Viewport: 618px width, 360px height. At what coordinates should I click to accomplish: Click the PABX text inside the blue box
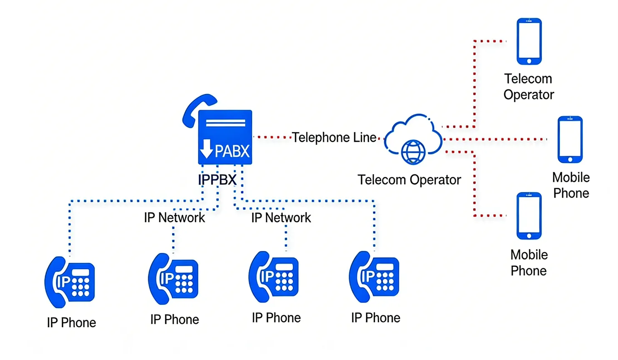click(232, 151)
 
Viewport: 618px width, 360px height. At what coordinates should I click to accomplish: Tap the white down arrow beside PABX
click(206, 149)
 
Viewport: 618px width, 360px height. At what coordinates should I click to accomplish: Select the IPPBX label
click(217, 180)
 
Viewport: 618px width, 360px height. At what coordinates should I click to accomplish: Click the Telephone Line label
click(334, 137)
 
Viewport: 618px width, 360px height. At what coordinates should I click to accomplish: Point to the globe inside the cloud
click(413, 151)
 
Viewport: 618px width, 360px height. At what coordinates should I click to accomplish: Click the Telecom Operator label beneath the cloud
click(409, 180)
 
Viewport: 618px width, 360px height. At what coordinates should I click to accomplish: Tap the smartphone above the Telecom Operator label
click(529, 41)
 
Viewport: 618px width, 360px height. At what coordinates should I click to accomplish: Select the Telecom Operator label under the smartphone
click(528, 87)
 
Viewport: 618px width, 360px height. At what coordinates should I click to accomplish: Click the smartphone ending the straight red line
click(570, 139)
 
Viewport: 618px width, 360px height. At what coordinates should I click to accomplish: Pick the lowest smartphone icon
click(529, 216)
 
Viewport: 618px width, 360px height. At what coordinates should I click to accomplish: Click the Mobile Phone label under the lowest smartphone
click(528, 263)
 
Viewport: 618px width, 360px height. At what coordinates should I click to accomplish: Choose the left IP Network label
click(174, 217)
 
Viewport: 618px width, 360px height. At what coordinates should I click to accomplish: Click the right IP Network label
click(281, 217)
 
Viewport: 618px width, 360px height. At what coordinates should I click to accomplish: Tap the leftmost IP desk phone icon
click(70, 282)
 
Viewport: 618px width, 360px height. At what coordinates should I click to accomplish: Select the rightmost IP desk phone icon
click(374, 277)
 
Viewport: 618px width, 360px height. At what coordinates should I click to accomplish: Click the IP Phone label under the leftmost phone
click(71, 322)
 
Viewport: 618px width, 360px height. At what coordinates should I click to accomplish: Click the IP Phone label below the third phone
click(276, 318)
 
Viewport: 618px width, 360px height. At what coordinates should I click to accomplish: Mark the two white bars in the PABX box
click(225, 123)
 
